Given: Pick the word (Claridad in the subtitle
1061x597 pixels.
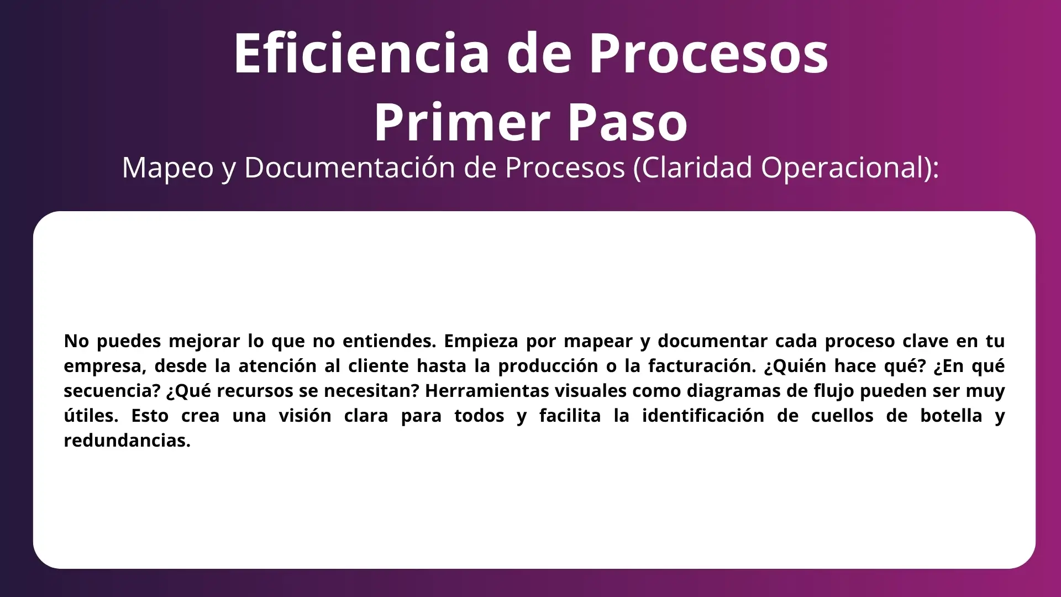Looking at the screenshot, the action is pos(693,167).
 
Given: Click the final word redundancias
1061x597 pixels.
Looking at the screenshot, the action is pos(127,441).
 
